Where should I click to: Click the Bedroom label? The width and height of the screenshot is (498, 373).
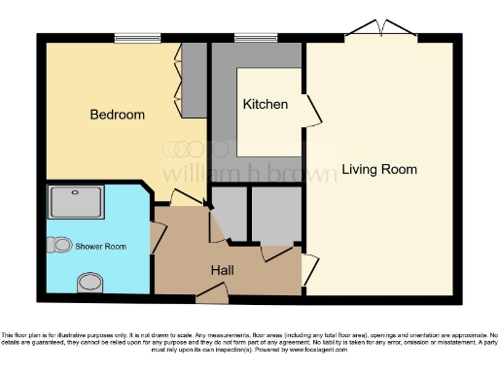117,115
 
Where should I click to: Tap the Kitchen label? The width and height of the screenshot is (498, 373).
265,104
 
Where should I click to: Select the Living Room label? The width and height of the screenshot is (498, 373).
379,170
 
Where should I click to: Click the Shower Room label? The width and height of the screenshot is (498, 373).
101,247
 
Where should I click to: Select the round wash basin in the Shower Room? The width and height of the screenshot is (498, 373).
89,282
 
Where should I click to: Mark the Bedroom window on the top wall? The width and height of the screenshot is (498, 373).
136,38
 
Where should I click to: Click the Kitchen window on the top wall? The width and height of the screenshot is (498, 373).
255,38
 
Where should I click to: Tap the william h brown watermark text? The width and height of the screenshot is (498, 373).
248,173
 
